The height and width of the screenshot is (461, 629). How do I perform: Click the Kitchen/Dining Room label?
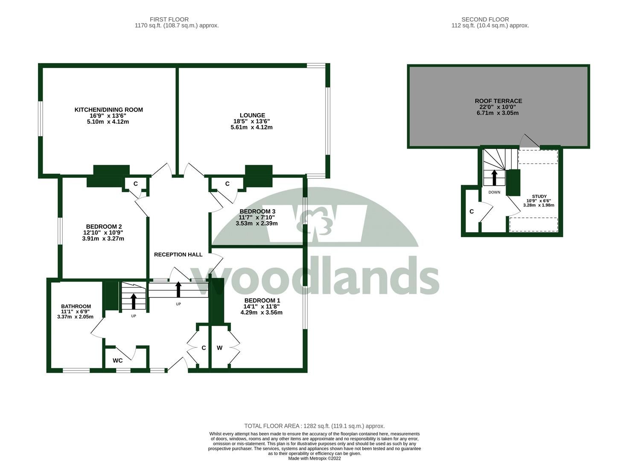tap(108, 110)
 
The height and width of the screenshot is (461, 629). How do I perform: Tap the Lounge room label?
tap(252, 115)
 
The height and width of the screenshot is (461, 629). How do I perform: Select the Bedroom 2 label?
tap(104, 226)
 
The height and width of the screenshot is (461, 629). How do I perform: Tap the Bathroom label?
tap(76, 306)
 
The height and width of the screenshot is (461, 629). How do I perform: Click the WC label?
tap(117, 361)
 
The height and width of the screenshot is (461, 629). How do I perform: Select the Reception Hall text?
tap(178, 254)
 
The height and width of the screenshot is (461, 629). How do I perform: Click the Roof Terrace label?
tap(498, 101)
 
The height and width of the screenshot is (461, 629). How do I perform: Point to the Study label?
tap(539, 196)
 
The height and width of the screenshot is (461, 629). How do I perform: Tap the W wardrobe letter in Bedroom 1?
tap(219, 348)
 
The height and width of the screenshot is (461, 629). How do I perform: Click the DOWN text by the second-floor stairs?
tap(494, 192)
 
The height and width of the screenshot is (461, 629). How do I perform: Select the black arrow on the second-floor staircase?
tap(494, 177)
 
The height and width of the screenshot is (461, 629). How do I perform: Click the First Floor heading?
tap(169, 19)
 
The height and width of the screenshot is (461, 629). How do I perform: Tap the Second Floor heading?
tap(485, 19)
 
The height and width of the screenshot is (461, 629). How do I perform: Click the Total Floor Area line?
tap(314, 426)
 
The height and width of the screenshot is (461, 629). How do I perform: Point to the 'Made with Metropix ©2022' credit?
tap(314, 458)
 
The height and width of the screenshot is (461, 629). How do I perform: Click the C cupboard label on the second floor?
tap(472, 212)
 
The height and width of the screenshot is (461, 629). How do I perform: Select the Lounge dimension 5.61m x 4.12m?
tap(251, 127)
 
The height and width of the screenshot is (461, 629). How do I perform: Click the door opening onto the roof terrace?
tap(529, 142)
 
